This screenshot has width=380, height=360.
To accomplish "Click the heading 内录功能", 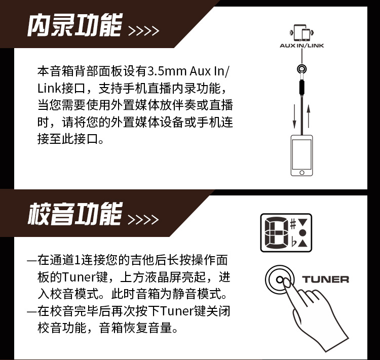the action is click(x=74, y=25).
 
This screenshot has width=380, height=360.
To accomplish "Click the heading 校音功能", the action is click(x=74, y=214).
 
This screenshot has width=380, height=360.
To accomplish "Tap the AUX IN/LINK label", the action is click(x=302, y=46).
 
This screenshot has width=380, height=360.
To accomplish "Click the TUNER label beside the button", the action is click(x=325, y=279).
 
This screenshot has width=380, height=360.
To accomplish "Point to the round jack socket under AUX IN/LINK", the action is click(x=302, y=69).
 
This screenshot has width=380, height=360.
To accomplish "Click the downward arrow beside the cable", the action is click(x=294, y=116).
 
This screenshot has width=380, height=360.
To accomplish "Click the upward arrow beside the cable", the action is click(x=309, y=116).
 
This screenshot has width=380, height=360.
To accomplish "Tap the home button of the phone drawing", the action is click(x=302, y=173).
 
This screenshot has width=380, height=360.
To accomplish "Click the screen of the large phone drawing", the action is click(x=302, y=154).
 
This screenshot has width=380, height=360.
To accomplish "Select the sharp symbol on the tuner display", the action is click(x=293, y=224).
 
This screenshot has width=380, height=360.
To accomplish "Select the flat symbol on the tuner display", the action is click(x=294, y=242).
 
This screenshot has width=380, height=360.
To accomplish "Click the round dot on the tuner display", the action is click(x=302, y=233).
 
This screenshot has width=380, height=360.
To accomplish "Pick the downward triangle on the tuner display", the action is click(x=302, y=222).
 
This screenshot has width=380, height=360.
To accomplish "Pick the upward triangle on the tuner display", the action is click(x=302, y=243).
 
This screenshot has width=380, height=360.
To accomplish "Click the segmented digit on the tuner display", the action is click(x=276, y=233).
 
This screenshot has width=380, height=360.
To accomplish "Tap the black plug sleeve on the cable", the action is click(x=302, y=88).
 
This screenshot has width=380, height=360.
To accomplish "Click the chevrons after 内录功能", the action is click(x=143, y=31).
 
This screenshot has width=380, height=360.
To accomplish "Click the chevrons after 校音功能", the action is click(x=143, y=219).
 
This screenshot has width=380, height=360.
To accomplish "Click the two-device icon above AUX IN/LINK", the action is click(x=302, y=33).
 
